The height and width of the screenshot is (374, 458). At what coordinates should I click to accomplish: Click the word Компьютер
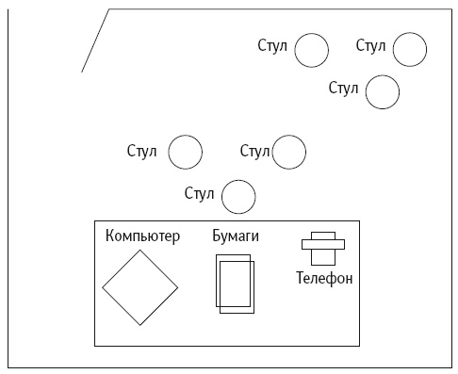142,236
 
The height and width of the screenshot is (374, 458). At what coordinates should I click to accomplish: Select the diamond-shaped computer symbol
140,287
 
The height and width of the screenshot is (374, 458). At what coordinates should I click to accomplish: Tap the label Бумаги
236,236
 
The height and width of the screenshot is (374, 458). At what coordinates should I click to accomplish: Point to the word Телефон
324,279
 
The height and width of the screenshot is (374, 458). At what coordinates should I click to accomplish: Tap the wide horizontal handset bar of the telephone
323,245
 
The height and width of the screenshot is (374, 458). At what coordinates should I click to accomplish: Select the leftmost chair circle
185,151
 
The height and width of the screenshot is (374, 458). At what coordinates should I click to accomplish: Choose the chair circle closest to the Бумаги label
237,197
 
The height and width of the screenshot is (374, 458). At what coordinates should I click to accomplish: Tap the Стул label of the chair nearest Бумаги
200,195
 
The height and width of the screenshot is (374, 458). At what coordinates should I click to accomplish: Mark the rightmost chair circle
409,49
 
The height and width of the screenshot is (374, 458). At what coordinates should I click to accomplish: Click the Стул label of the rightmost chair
371,45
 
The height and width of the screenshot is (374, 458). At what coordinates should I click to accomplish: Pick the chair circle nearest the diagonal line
311,50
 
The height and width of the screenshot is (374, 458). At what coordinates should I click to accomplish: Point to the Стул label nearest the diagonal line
273,45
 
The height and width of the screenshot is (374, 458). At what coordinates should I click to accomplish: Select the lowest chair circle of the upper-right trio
382,92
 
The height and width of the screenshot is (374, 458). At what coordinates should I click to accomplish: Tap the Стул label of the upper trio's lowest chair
344,89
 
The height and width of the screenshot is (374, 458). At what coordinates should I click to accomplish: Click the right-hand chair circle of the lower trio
289,151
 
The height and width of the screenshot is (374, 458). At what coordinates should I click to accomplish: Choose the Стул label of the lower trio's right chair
255,151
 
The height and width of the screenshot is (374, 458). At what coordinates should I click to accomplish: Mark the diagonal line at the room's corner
95,41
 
